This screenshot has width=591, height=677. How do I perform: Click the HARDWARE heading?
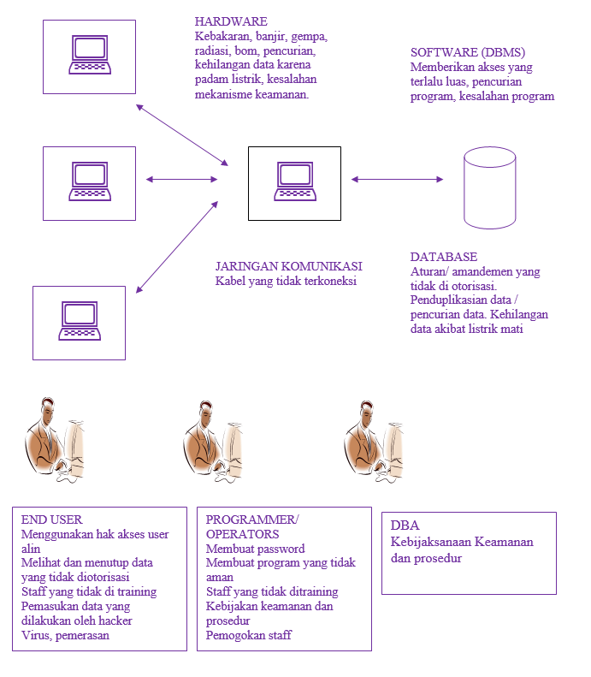click(x=231, y=21)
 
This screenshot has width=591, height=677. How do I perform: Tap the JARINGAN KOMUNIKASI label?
click(x=288, y=265)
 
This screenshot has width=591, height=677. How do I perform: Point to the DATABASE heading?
click(x=443, y=257)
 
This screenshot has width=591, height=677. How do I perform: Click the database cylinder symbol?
click(x=489, y=187)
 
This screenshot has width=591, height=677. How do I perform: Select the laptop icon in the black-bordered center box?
click(x=294, y=182)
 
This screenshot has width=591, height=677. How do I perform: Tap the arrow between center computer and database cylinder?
click(x=398, y=180)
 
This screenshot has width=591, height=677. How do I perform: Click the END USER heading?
click(x=51, y=520)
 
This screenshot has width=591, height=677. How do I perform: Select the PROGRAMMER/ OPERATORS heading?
click(x=252, y=527)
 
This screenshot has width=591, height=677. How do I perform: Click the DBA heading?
click(x=405, y=526)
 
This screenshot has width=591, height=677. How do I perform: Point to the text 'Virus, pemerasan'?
click(x=64, y=635)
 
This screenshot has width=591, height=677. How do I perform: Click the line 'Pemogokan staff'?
click(x=249, y=635)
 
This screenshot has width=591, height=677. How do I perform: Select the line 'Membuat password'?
click(x=255, y=549)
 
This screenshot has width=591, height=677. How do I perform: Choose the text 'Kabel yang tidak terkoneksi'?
click(x=286, y=281)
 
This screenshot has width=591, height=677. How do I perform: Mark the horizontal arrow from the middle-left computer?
click(x=182, y=180)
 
